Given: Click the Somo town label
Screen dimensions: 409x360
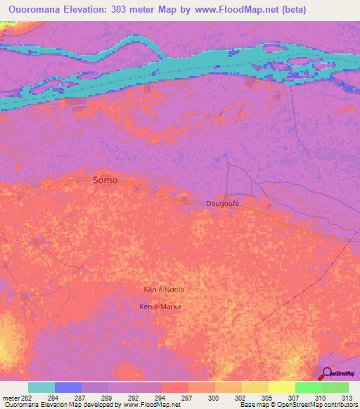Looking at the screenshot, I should [x=105, y=180].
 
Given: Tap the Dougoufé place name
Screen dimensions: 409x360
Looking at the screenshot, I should [x=224, y=203].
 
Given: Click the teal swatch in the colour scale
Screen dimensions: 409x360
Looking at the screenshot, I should [x=41, y=387].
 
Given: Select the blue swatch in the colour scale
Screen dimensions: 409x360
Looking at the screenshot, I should [x=68, y=387].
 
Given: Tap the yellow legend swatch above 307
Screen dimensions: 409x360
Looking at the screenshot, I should [x=282, y=387].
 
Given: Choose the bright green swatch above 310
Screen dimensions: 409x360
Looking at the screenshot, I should [x=309, y=387].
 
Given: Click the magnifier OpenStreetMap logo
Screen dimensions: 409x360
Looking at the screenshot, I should [x=328, y=373].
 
